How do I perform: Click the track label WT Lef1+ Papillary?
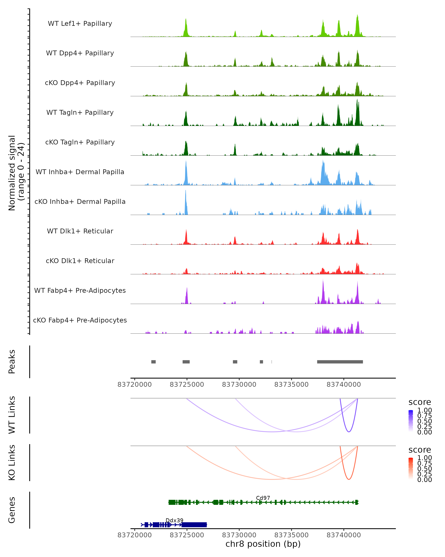coord(80,24)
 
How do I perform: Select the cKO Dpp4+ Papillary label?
coord(80,83)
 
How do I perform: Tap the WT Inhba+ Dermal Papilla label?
coord(80,172)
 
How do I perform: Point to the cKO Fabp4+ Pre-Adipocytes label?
coord(80,320)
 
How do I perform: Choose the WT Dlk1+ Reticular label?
coord(80,231)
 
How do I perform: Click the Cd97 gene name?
coord(263,498)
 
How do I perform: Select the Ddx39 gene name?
coord(174,520)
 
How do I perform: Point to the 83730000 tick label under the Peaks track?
coord(239,385)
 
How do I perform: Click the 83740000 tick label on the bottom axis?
coord(344,535)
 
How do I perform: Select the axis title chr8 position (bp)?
coord(263,544)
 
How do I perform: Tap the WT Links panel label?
coord(12,415)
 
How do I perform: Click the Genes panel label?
coord(12,510)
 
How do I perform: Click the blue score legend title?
coord(419,402)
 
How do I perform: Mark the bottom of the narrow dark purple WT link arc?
coord(349,432)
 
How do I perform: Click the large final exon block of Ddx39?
coord(194,525)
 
